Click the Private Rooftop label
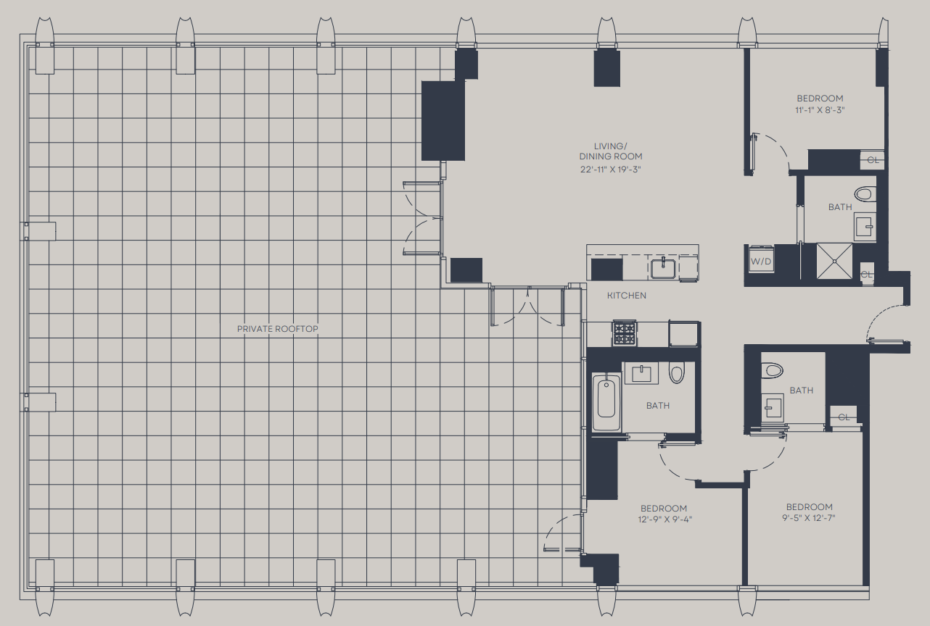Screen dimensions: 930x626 277,329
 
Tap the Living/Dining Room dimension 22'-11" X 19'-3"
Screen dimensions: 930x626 610,169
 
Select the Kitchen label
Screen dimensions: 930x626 627,296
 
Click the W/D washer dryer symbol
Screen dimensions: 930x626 761,259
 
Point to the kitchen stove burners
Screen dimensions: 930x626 625,333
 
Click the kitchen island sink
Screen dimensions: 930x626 663,268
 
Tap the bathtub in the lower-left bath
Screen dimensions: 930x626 606,401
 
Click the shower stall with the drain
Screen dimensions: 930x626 834,261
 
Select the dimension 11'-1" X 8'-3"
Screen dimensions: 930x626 820,110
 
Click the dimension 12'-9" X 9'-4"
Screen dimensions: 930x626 664,519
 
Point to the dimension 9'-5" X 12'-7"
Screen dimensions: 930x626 809,518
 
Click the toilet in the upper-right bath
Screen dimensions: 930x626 865,193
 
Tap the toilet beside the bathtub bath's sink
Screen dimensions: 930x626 676,373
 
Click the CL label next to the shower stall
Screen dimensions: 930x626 866,275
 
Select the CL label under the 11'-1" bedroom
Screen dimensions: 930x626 873,160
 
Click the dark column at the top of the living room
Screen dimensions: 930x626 606,68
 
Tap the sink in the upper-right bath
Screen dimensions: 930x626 865,227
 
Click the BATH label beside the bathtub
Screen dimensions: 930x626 658,406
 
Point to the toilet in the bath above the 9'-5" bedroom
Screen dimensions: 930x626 772,370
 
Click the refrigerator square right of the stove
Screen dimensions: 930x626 683,334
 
